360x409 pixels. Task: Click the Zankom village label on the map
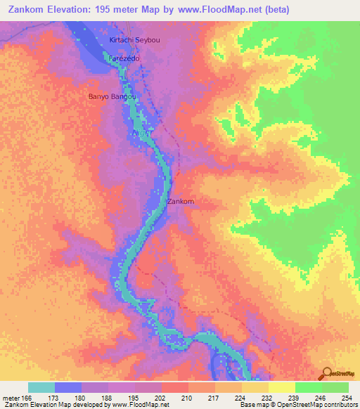coord(180,202)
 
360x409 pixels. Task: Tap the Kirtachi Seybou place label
coord(135,40)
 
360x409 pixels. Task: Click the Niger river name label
coord(140,131)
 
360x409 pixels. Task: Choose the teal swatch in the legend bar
coord(41,387)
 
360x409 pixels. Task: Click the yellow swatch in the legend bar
coord(281,387)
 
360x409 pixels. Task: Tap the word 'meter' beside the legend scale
coord(11,398)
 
